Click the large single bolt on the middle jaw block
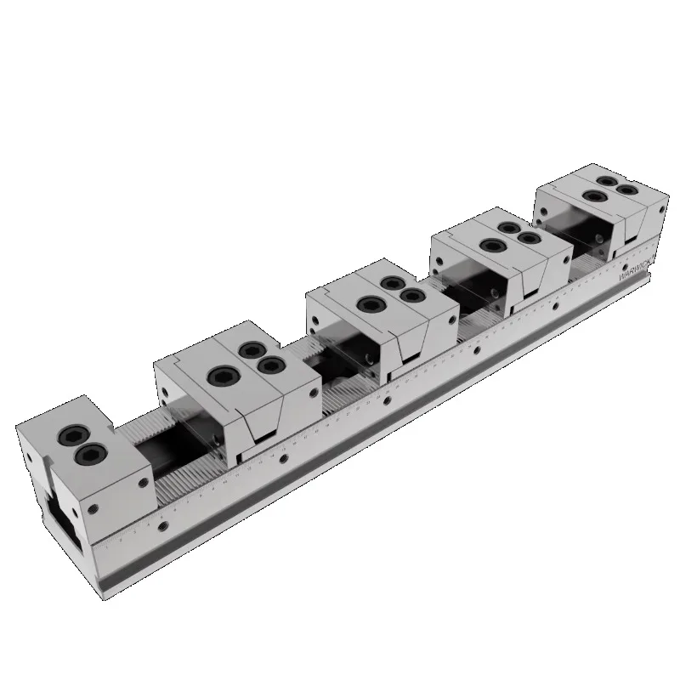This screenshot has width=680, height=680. click(x=369, y=303)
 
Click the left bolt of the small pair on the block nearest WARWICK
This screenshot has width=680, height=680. click(x=607, y=181)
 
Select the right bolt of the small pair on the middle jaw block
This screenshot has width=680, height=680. click(x=414, y=296)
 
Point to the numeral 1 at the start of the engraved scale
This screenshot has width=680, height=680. click(x=120, y=539)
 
